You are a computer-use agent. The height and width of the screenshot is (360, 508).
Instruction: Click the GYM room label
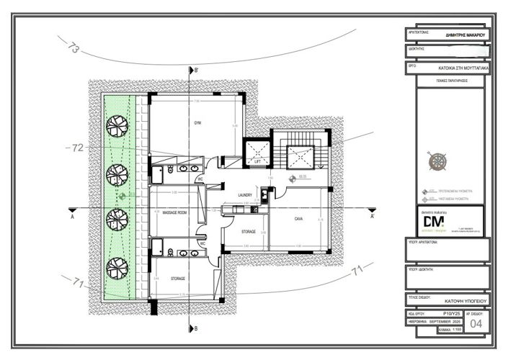coord(197,123)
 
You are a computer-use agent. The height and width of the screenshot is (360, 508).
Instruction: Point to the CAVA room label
coord(298,219)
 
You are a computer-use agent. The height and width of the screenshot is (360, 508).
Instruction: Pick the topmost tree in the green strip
coord(117,126)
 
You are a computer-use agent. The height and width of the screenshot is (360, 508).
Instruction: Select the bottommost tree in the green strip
coord(117,269)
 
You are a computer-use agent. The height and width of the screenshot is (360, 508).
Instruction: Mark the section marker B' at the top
coord(195,70)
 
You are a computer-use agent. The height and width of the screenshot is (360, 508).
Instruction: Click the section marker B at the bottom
coord(194,328)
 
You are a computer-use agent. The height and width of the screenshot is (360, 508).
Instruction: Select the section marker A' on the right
coord(372,215)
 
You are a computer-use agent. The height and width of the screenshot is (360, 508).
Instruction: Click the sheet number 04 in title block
coord(475,324)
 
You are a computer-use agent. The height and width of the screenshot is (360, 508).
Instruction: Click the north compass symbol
coord(437,161)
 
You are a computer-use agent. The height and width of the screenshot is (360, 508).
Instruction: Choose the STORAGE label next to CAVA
coord(249,231)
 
